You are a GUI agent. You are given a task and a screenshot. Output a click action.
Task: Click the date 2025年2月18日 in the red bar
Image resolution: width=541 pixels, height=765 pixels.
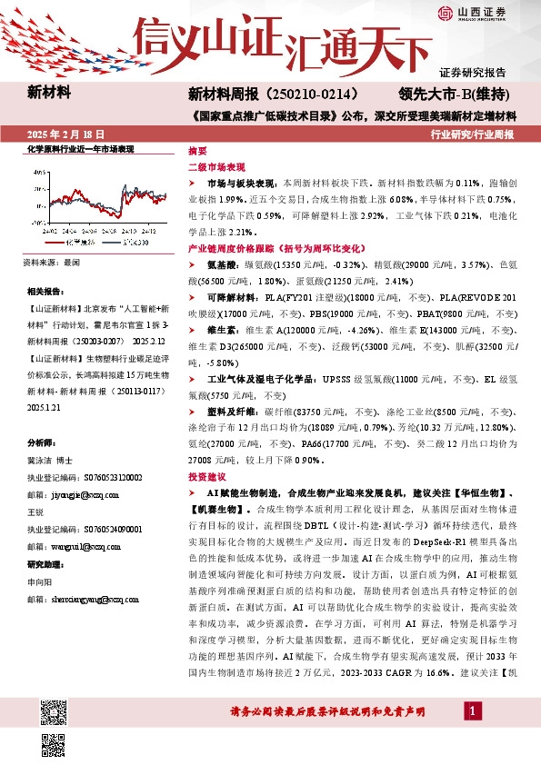pyautogui.click(x=66, y=134)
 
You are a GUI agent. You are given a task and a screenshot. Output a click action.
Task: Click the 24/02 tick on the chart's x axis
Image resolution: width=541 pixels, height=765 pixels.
pyautogui.click(x=53, y=233)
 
